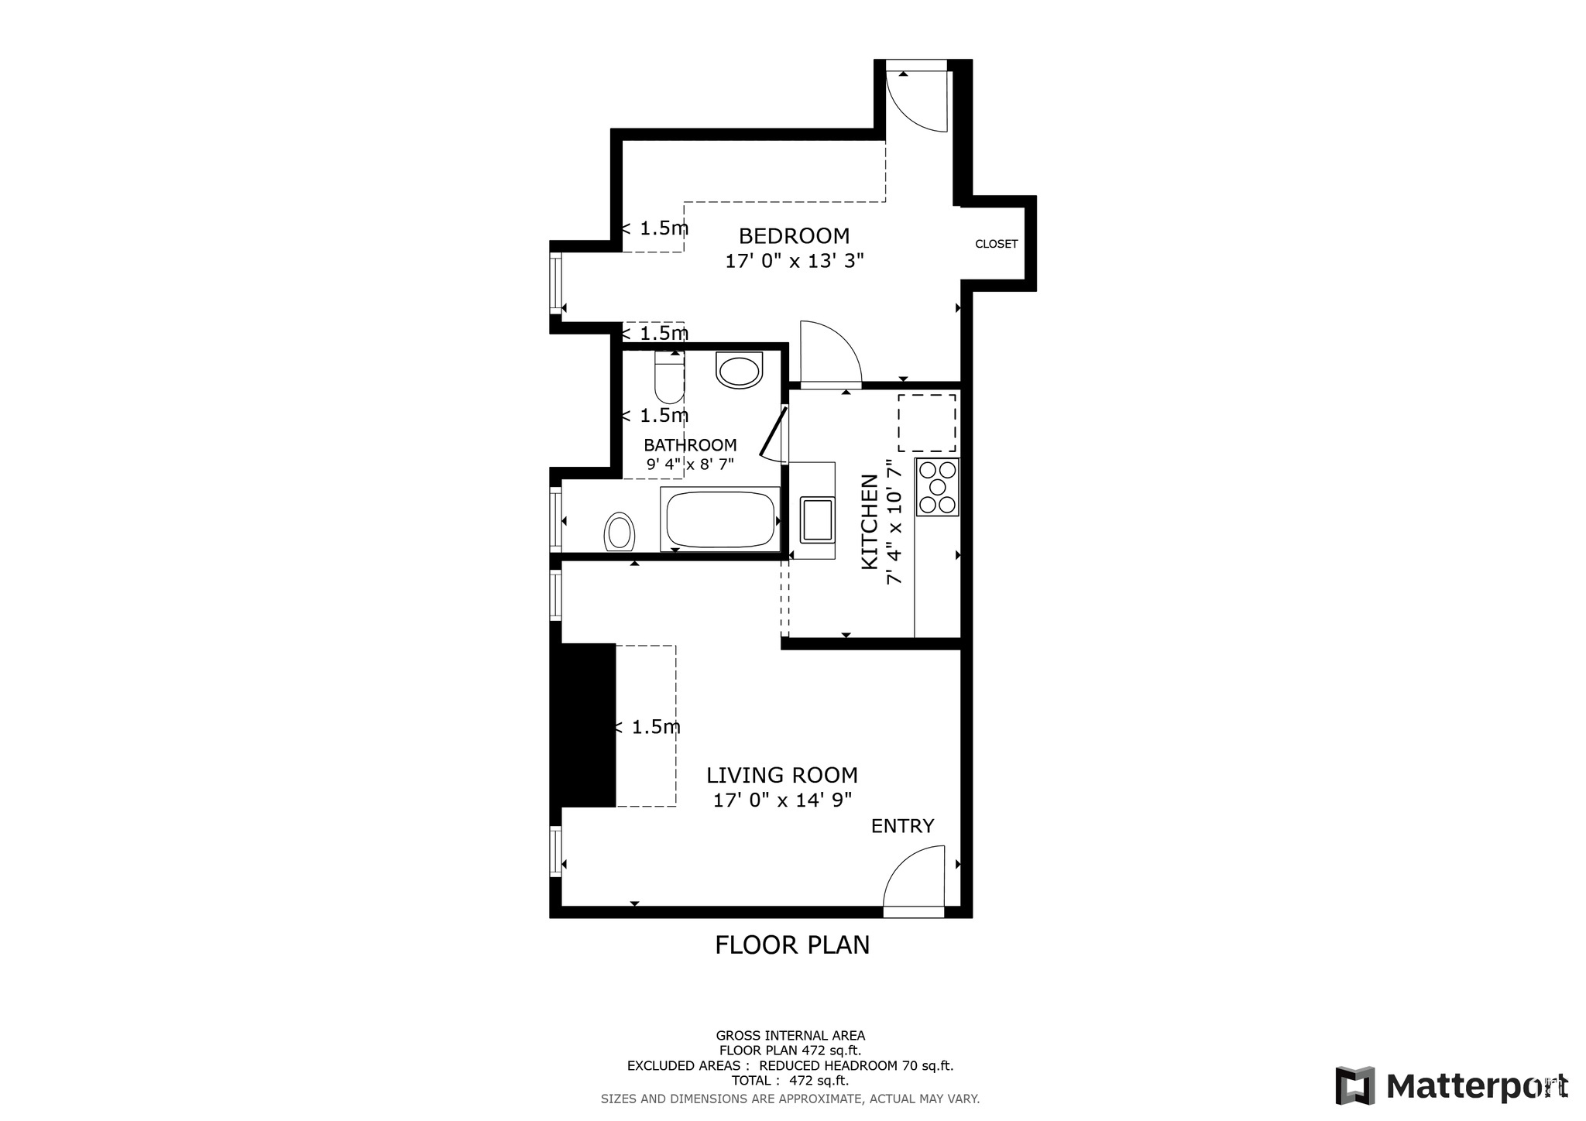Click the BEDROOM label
(x=794, y=235)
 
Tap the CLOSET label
(x=996, y=244)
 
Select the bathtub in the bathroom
(x=720, y=519)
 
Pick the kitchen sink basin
(x=817, y=519)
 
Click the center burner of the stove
(x=938, y=487)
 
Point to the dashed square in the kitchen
(x=926, y=423)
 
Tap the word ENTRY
(x=902, y=826)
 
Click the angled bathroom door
(x=773, y=434)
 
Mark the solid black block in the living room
(x=587, y=725)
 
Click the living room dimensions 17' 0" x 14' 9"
(x=782, y=800)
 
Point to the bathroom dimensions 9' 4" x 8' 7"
(x=690, y=465)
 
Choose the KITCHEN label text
(x=870, y=523)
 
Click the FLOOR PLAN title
(x=792, y=945)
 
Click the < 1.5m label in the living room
(x=648, y=727)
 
